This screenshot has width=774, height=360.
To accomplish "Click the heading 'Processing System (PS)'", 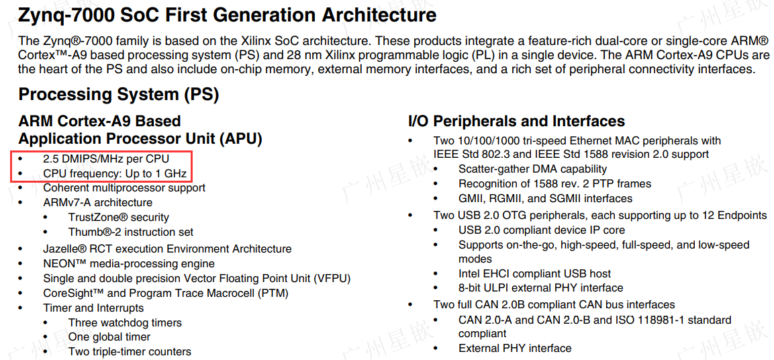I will (119, 95).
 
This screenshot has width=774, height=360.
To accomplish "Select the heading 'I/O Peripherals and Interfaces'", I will (516, 122).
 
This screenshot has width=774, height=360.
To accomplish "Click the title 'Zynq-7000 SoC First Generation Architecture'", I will (228, 15).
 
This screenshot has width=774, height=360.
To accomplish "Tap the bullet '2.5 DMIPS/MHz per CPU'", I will (106, 159).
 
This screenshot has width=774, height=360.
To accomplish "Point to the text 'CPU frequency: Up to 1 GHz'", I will (115, 173).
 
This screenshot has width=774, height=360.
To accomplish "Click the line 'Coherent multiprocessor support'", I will (124, 188).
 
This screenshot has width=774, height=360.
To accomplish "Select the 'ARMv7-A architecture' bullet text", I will (97, 203).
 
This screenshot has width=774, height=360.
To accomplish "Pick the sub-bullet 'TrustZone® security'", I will (118, 218).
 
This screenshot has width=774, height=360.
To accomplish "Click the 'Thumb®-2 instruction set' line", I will (131, 232).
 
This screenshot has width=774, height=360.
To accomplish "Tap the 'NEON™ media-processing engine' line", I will (129, 264).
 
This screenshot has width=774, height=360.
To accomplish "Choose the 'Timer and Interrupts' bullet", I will (93, 308).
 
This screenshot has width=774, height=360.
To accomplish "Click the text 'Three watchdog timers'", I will (125, 323).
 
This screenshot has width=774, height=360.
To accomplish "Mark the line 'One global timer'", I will (109, 337).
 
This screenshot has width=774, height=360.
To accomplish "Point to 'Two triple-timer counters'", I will (130, 352).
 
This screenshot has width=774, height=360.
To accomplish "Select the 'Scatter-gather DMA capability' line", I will (532, 169).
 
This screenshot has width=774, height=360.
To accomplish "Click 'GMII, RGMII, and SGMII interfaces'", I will (545, 199).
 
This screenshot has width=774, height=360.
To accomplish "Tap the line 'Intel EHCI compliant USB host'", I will (534, 274).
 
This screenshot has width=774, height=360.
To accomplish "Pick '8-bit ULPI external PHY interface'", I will (541, 288).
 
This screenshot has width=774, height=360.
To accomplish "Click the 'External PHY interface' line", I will (515, 349).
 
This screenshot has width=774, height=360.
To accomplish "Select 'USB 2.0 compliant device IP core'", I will (542, 230).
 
